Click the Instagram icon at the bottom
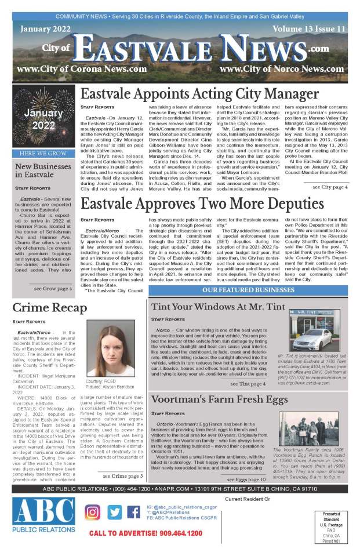coord(93,513)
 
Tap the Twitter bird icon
coord(114,513)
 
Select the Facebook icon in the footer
coord(133,513)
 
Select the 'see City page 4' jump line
coord(330,171)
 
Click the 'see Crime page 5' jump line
coord(122,475)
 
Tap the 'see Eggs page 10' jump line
coord(246,479)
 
